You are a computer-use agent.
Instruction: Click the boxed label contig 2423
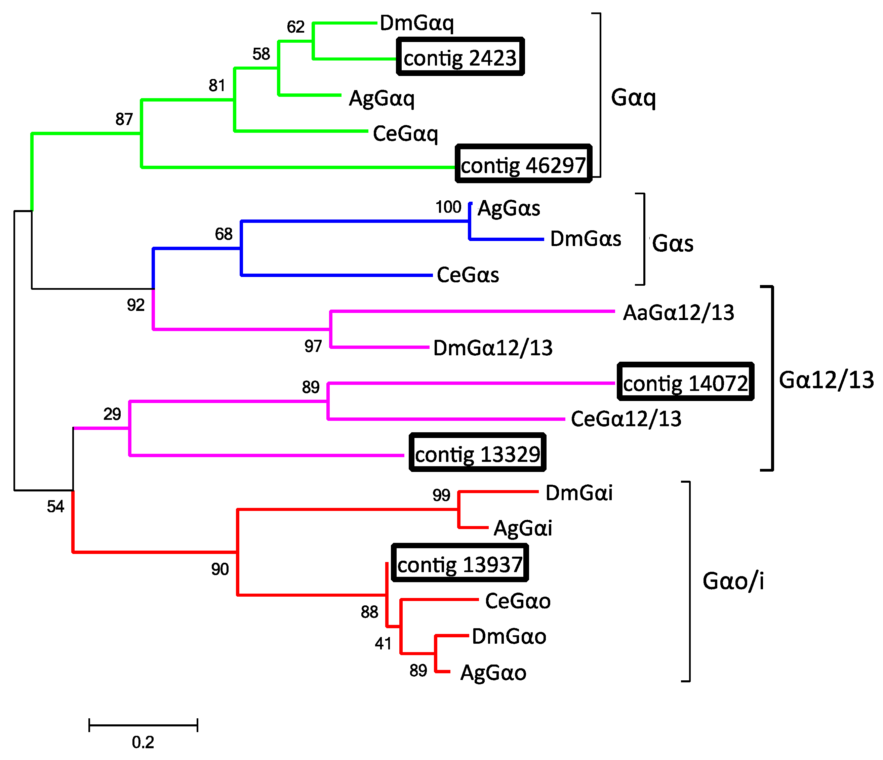[460, 57]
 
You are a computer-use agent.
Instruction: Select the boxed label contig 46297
[523, 164]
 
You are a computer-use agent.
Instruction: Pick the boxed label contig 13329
[477, 453]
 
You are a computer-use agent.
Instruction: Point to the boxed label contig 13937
[459, 563]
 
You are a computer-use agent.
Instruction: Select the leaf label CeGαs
[468, 275]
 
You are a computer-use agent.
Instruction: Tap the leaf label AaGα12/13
[678, 313]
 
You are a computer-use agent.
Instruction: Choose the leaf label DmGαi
[579, 493]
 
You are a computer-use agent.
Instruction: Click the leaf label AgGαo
[493, 673]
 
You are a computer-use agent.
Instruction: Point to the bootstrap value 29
[112, 414]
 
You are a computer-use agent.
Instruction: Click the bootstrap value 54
[55, 506]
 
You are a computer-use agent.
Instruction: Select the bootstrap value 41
[383, 643]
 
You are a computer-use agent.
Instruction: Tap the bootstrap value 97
[313, 346]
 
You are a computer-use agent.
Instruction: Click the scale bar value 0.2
[143, 742]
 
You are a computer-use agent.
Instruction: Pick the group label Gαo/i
[733, 581]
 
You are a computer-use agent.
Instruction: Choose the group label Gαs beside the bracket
[673, 243]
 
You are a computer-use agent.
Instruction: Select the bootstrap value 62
[295, 27]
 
